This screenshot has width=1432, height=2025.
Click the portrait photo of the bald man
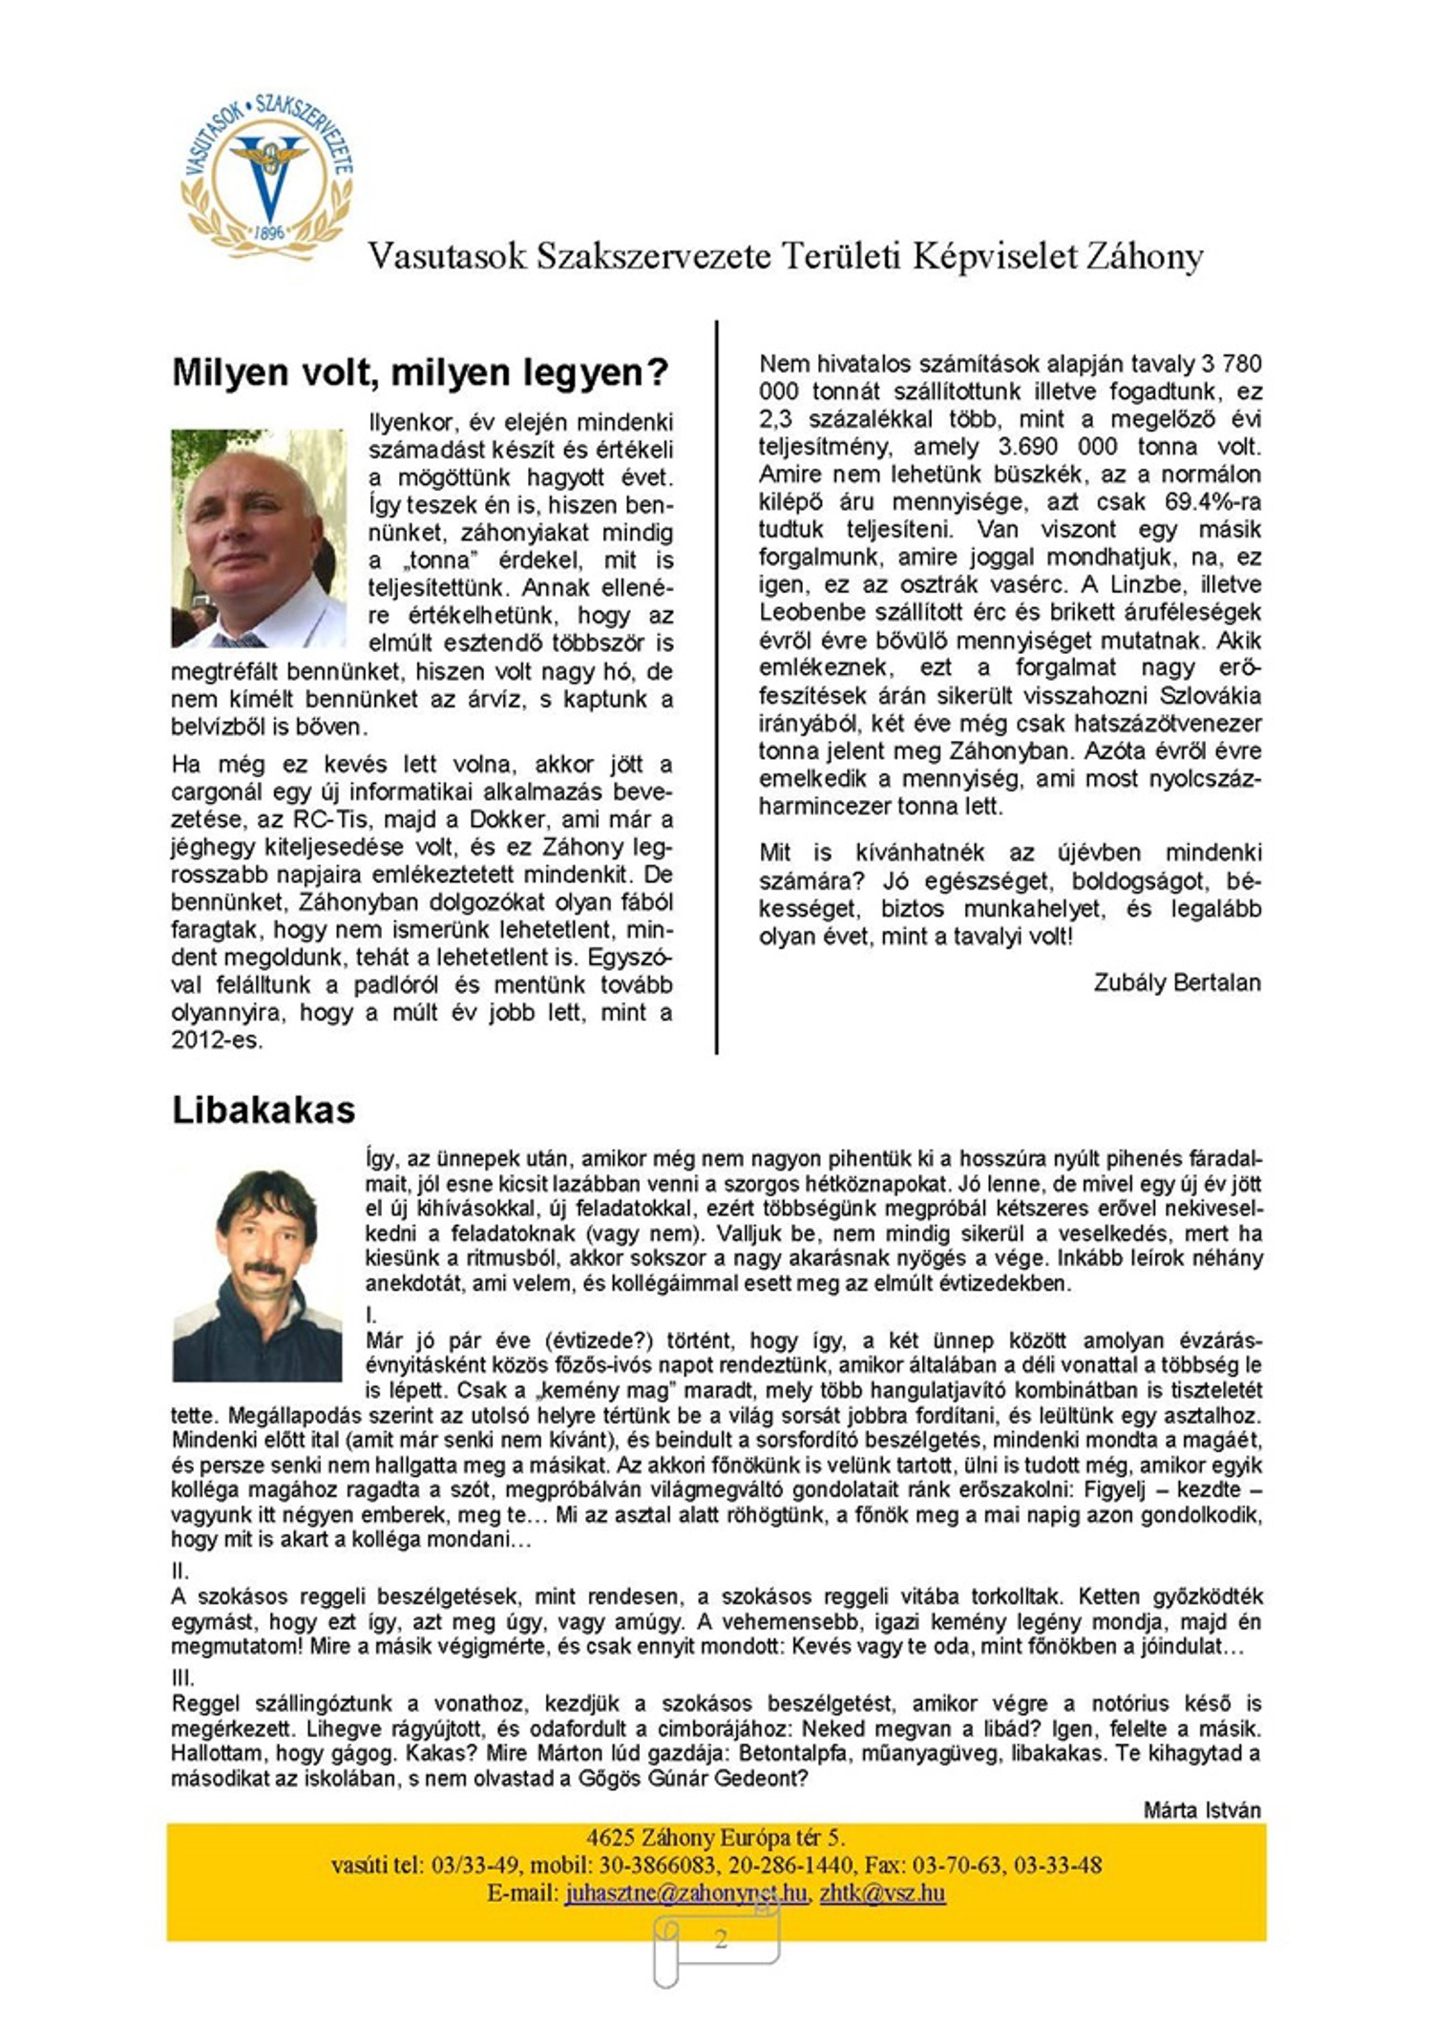pos(258,538)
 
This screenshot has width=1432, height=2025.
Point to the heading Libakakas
pos(263,1110)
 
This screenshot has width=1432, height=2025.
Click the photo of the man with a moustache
pos(257,1275)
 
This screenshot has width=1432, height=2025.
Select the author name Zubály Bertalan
pos(1176,982)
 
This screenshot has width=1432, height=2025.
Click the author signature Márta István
pos(1202,1810)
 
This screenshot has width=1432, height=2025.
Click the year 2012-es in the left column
pos(217,1041)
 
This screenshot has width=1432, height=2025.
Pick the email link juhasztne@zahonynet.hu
pos(685,1893)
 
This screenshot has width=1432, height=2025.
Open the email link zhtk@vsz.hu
pos(882,1893)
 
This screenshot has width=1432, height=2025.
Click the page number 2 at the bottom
pos(721,1939)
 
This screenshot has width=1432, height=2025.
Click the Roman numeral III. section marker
pos(183,1678)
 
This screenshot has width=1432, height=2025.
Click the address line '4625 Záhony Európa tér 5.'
pos(716,1838)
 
